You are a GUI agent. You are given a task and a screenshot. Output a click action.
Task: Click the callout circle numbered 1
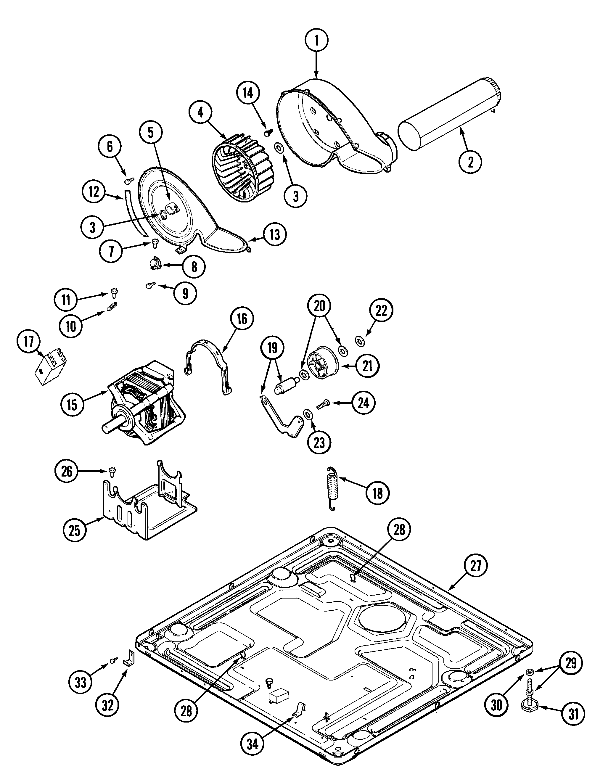[x=316, y=41]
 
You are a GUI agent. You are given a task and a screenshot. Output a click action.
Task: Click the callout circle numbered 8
[x=194, y=267]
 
